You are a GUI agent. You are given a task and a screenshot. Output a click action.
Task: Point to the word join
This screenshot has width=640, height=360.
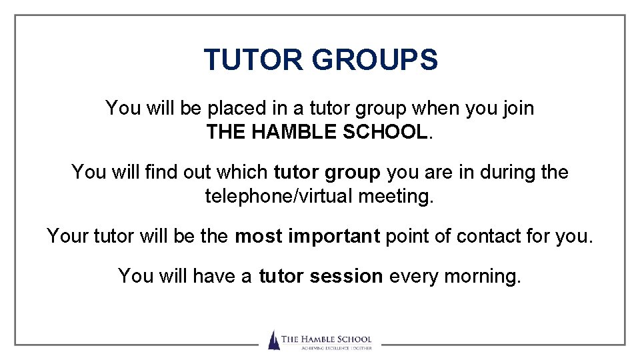click(517, 108)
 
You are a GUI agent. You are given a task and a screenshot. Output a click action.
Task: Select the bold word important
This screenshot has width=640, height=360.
click(333, 236)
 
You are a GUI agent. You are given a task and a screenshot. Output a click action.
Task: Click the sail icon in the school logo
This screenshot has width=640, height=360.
click(273, 340)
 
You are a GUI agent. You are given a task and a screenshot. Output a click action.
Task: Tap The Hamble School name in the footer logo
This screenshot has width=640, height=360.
click(326, 339)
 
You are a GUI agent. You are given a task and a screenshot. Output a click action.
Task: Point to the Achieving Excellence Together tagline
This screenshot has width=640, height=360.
click(326, 348)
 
